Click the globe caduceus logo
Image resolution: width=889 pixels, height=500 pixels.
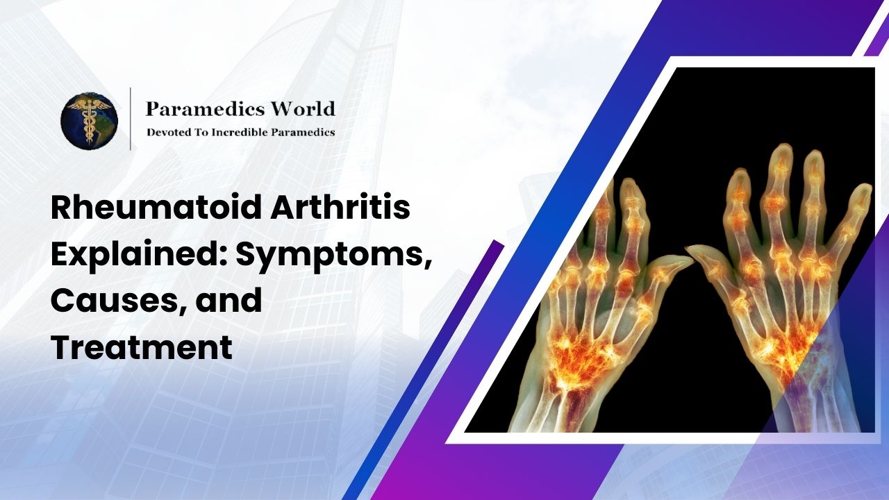(x=89, y=121)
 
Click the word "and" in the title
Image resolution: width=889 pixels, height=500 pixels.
(x=235, y=301)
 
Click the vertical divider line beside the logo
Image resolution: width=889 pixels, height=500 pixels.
(x=131, y=119)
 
